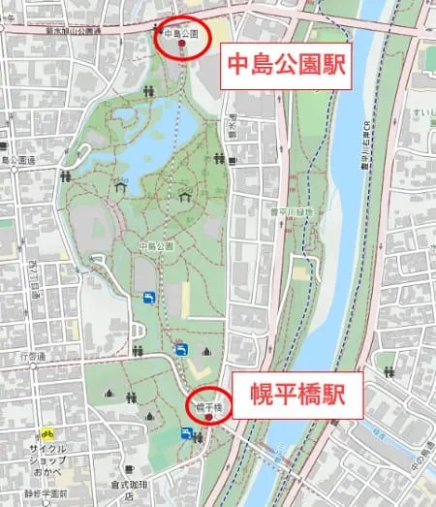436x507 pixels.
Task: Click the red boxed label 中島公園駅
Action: coord(287,65)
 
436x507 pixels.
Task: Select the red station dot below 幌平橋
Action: coord(206,417)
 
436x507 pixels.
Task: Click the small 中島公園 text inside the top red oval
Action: coord(181,34)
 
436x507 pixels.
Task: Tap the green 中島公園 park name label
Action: coord(155,245)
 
